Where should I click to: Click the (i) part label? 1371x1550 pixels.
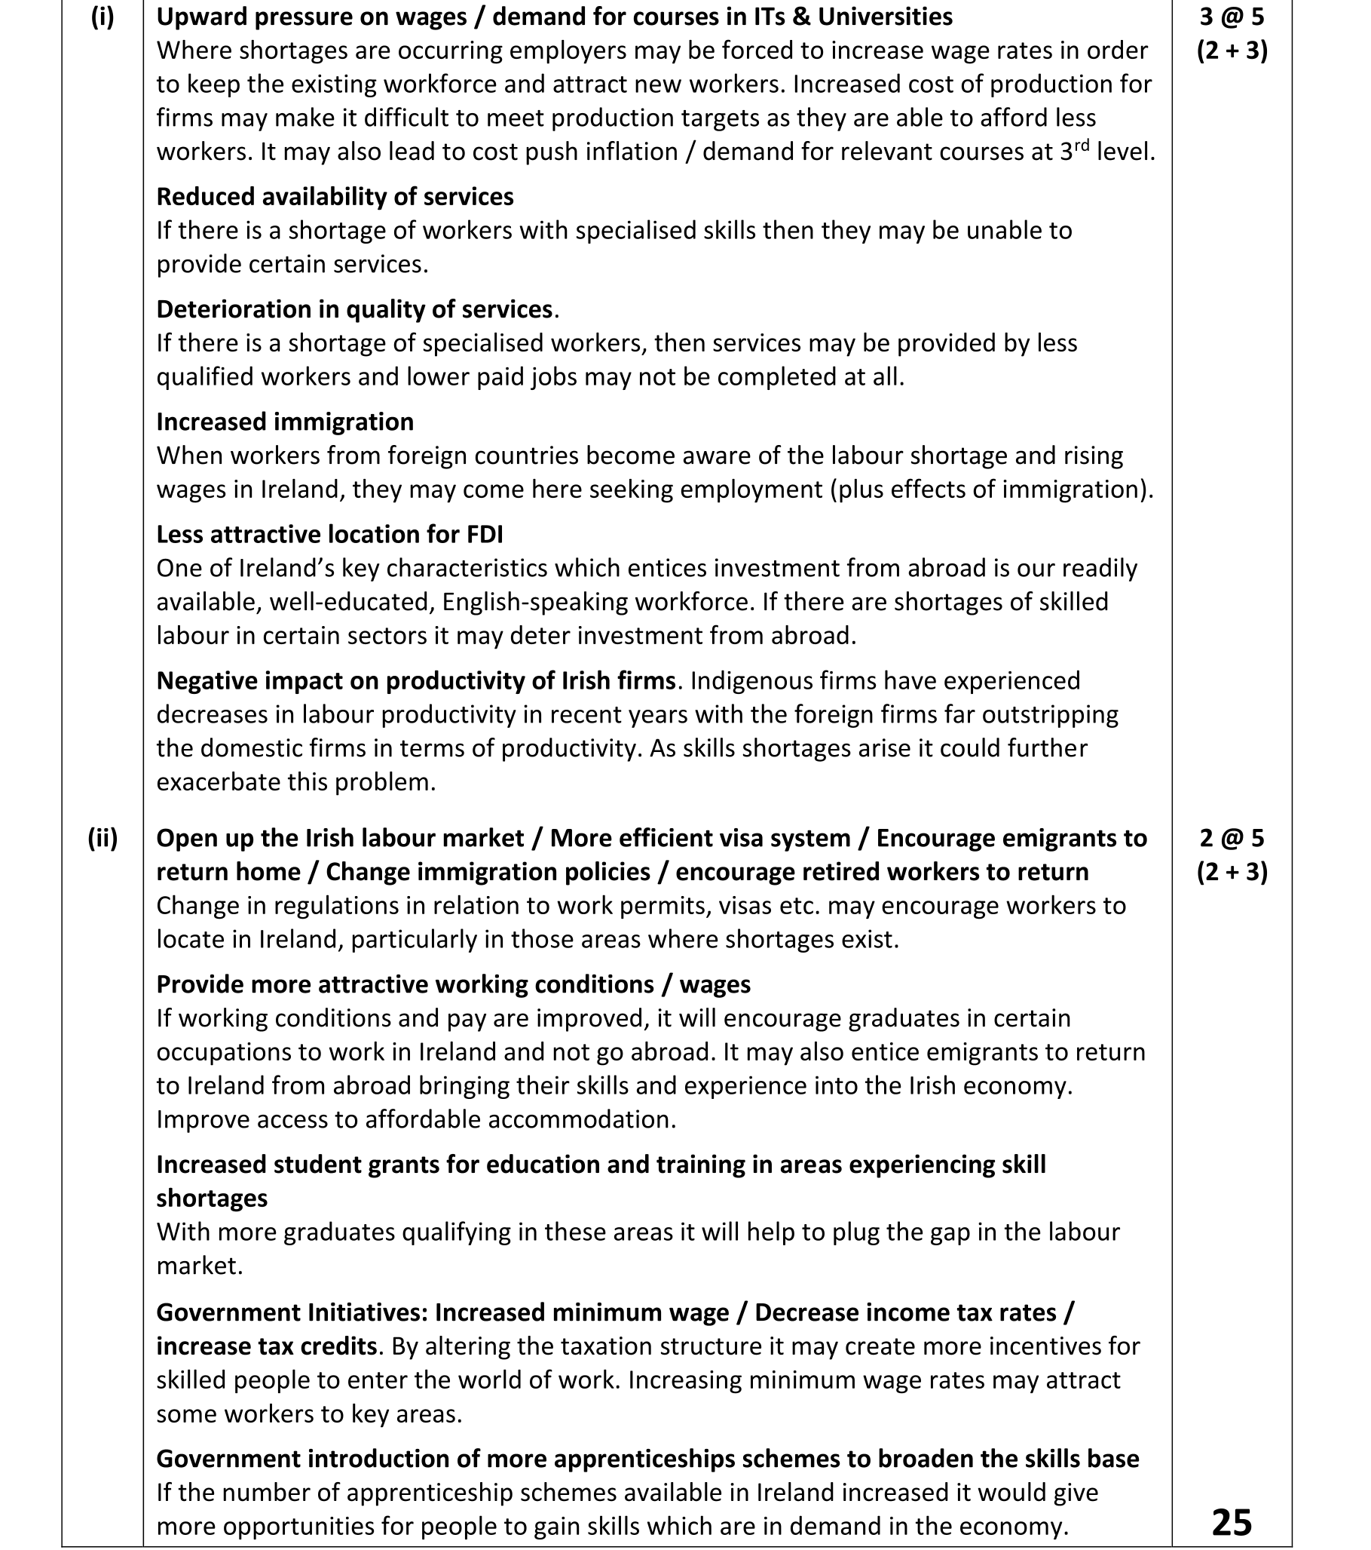pos(103,17)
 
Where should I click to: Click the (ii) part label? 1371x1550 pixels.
pos(103,838)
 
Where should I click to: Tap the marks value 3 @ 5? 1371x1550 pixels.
pos(1232,17)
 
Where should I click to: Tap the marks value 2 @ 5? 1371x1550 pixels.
pos(1232,838)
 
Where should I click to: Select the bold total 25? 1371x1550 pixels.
pos(1232,1522)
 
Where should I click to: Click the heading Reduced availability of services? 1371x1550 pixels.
pos(334,196)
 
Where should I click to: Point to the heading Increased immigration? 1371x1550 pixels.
pos(284,422)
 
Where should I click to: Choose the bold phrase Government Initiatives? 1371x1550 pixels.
pos(292,1312)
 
